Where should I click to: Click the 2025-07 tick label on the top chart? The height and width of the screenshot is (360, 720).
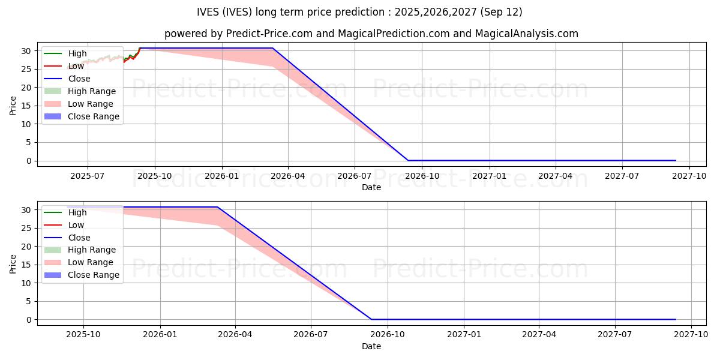pyautogui.click(x=88, y=175)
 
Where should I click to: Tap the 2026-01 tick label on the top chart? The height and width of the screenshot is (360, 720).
pyautogui.click(x=222, y=175)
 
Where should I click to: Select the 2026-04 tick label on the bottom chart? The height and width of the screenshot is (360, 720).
pyautogui.click(x=235, y=334)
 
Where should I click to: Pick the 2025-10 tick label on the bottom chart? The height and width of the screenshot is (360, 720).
pyautogui.click(x=83, y=334)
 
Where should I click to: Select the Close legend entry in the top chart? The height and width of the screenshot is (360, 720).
pyautogui.click(x=79, y=79)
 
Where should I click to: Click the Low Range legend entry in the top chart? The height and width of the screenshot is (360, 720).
pyautogui.click(x=90, y=104)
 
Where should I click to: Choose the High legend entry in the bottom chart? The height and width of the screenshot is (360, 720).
pyautogui.click(x=77, y=212)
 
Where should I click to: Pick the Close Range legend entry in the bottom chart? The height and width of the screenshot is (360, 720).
pyautogui.click(x=93, y=275)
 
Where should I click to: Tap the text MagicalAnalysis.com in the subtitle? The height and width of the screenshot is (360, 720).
pyautogui.click(x=526, y=34)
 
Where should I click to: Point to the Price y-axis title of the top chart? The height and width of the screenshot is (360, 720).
pyautogui.click(x=13, y=105)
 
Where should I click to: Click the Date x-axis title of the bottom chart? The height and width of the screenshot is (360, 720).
pyautogui.click(x=371, y=346)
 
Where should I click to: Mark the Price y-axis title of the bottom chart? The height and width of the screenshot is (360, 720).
pyautogui.click(x=13, y=263)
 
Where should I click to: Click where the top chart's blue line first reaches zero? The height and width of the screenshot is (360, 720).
pyautogui.click(x=408, y=160)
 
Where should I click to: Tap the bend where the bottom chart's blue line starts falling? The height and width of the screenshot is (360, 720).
pyautogui.click(x=217, y=207)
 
